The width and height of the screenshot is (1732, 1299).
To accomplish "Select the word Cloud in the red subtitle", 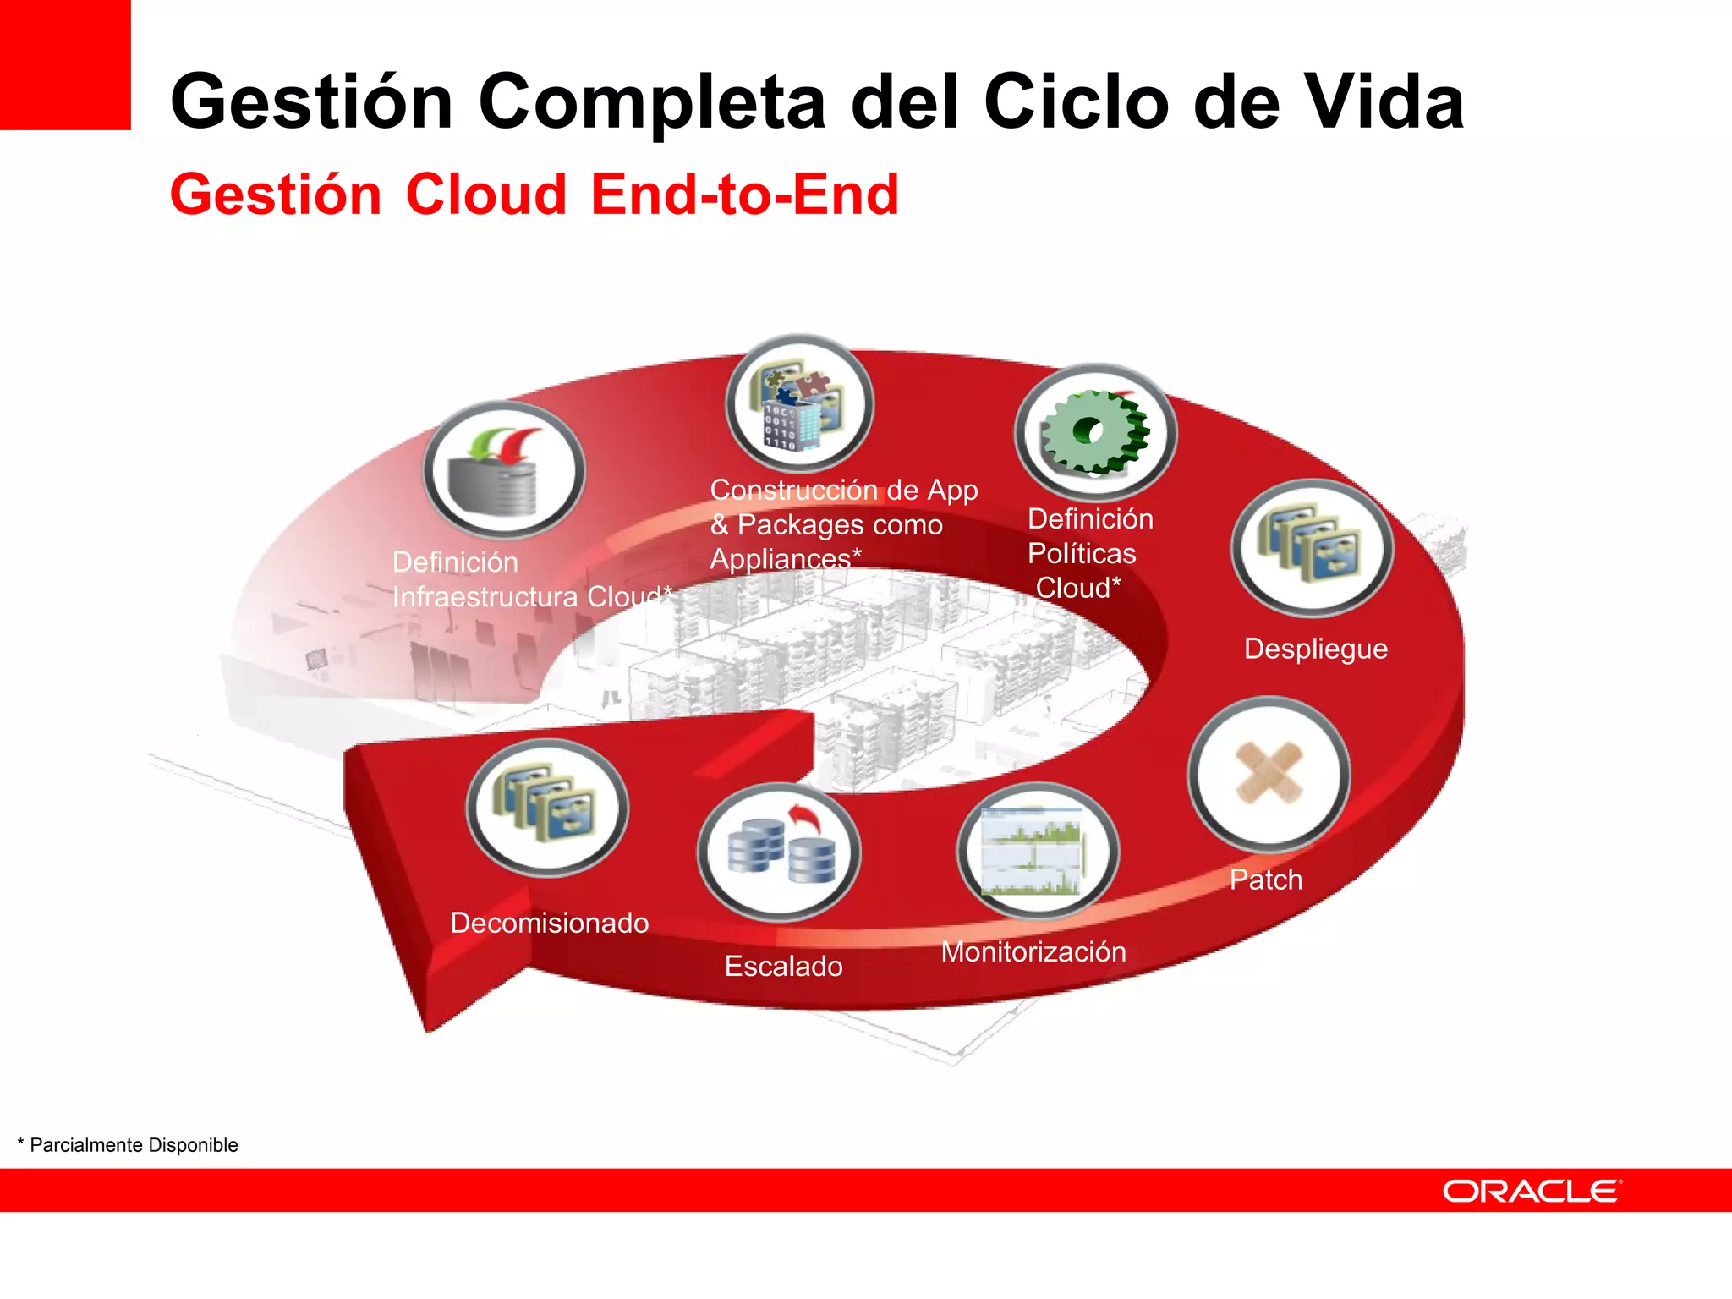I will tap(486, 195).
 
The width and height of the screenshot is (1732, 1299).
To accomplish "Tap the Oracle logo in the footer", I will tap(1532, 1191).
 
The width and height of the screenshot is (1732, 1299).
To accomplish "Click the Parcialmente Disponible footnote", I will tap(128, 1145).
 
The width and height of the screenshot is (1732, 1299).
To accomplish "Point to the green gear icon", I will tap(1095, 432).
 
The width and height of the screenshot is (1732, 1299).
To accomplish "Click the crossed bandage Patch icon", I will tap(1269, 773).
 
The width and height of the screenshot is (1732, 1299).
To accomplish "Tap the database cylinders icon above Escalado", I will tap(779, 852).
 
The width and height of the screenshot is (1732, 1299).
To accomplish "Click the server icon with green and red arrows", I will tap(504, 470).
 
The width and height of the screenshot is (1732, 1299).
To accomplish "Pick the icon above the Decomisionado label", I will tap(547, 806).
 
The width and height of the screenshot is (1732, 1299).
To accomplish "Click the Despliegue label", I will tap(1315, 649).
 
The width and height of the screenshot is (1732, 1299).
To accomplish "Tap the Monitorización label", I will tap(1033, 952).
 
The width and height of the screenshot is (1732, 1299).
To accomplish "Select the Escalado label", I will tap(783, 966).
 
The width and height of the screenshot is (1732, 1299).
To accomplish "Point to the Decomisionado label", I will tap(549, 923).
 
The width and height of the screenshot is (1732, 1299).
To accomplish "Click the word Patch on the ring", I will tap(1265, 880).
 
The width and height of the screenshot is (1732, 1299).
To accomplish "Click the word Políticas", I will tap(1082, 553).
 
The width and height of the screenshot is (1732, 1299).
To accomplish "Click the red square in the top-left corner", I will tap(65, 64).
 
